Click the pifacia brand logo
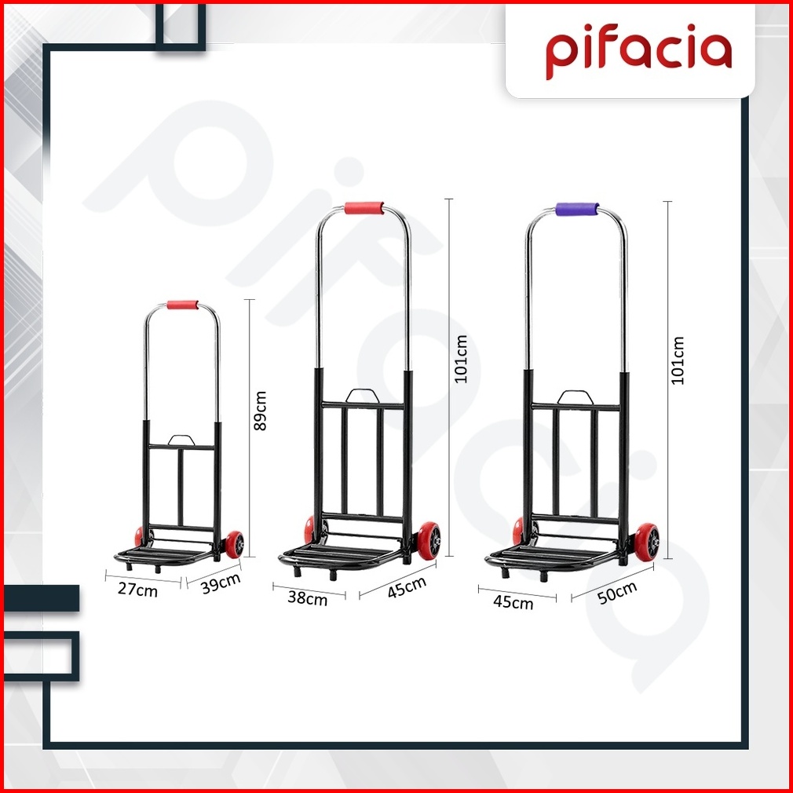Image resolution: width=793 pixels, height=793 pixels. click(639, 51)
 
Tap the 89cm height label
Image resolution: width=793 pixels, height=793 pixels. click(260, 410)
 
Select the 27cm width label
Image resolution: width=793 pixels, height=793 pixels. click(137, 589)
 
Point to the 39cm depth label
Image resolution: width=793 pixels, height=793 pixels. click(221, 583)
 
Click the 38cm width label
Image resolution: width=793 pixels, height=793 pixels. click(308, 598)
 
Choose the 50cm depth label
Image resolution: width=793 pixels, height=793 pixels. click(617, 593)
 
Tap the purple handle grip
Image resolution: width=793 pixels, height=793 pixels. click(577, 209)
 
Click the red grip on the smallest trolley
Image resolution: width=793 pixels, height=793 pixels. click(183, 305)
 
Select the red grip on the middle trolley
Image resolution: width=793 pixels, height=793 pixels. click(364, 208)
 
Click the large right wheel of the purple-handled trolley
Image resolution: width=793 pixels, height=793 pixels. click(647, 543)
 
